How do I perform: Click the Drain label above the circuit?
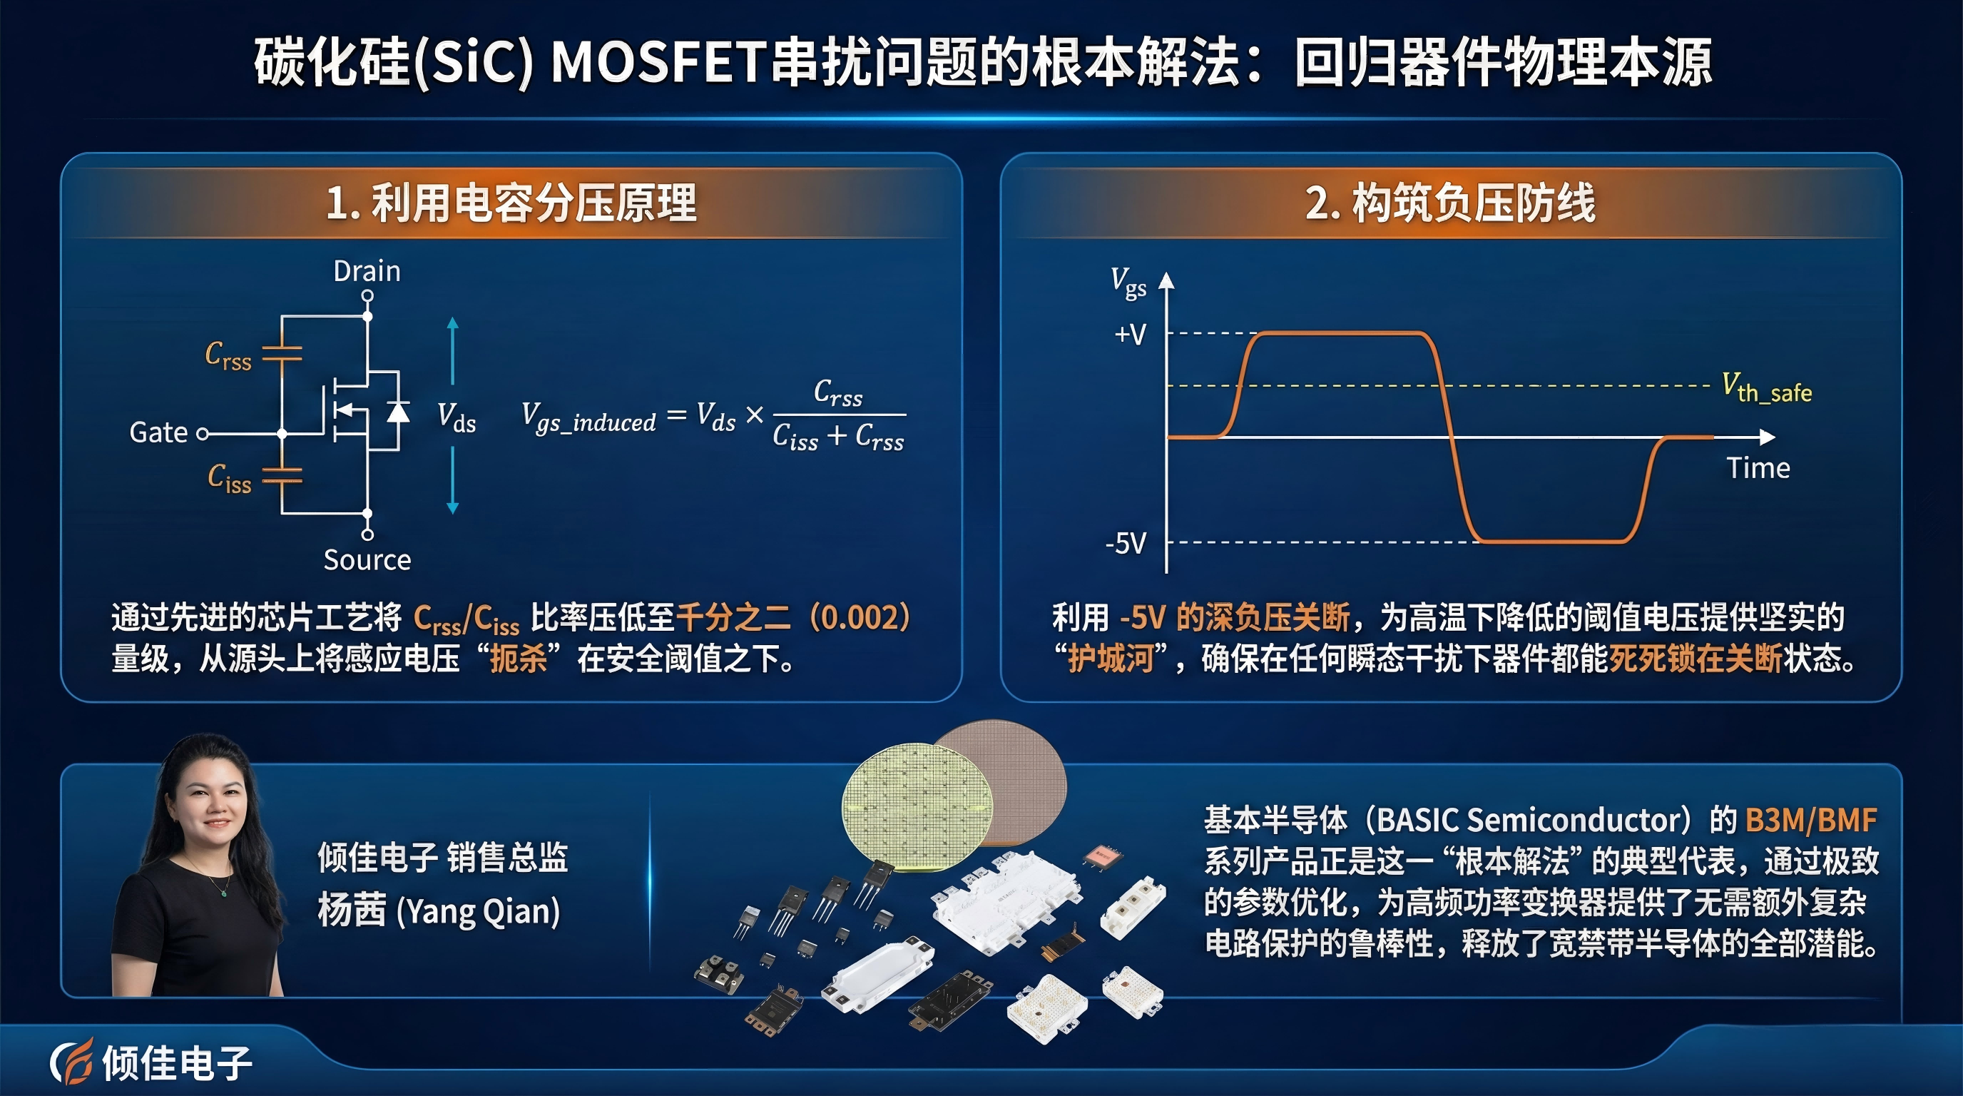(367, 271)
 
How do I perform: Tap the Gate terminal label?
(158, 432)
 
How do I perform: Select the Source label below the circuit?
(367, 559)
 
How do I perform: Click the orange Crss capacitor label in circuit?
(228, 356)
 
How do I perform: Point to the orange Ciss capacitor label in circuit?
(230, 479)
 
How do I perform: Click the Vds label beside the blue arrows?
(457, 417)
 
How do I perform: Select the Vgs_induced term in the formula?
(588, 417)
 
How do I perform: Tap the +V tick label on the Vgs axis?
(1130, 334)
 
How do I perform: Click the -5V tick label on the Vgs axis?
(1126, 544)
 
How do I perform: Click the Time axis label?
(1758, 468)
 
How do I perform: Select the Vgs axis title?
(1128, 282)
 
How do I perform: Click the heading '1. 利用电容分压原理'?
(511, 203)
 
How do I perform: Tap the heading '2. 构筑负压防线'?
(1450, 203)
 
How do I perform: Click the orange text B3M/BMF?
(1810, 820)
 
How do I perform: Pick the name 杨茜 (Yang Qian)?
(439, 910)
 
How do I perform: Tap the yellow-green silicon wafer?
(917, 806)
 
